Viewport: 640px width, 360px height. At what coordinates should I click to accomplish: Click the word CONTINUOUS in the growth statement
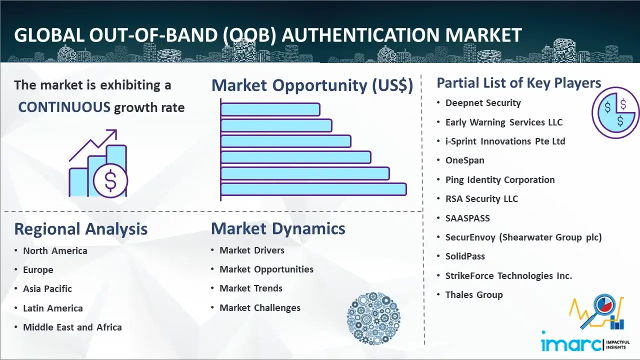pyautogui.click(x=64, y=107)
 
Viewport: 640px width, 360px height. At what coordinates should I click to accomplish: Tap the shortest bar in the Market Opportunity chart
pyautogui.click(x=270, y=109)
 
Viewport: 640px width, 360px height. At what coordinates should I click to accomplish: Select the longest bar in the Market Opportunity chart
pyautogui.click(x=313, y=189)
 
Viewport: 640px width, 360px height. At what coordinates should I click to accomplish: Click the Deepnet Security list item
pyautogui.click(x=483, y=103)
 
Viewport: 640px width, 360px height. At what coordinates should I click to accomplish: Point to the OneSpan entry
pyautogui.click(x=465, y=160)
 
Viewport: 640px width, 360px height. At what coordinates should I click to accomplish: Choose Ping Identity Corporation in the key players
pyautogui.click(x=500, y=179)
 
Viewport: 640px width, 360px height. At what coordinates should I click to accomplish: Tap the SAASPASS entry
pyautogui.click(x=467, y=218)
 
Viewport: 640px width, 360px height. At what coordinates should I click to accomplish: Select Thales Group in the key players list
pyautogui.click(x=474, y=295)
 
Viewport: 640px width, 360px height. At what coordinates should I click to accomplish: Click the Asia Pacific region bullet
pyautogui.click(x=47, y=289)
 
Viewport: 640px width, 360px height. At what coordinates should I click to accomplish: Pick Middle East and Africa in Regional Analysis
pyautogui.click(x=72, y=327)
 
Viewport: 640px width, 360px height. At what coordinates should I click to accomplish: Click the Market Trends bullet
pyautogui.click(x=251, y=288)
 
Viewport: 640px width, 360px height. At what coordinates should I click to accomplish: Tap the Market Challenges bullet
pyautogui.click(x=259, y=307)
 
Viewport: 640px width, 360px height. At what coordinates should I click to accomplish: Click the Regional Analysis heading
pyautogui.click(x=81, y=229)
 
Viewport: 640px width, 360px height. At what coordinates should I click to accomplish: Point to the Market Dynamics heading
pyautogui.click(x=278, y=228)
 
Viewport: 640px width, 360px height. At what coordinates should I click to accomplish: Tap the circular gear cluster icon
pyautogui.click(x=373, y=318)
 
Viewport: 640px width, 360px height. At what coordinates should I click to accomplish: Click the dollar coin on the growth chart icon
pyautogui.click(x=110, y=180)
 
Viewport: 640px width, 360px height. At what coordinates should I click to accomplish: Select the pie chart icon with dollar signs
pyautogui.click(x=615, y=112)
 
